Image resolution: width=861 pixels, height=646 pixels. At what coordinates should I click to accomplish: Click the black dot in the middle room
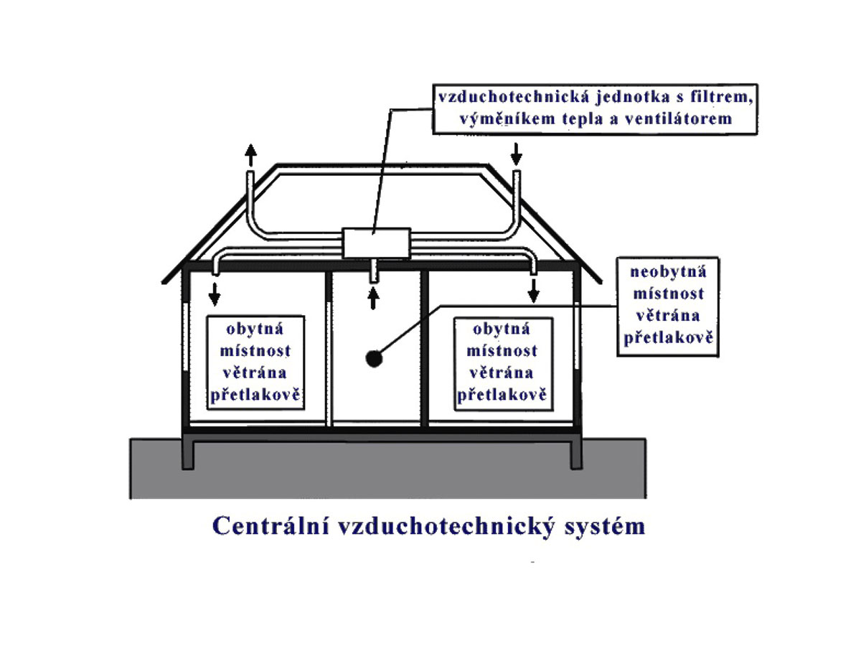tap(374, 358)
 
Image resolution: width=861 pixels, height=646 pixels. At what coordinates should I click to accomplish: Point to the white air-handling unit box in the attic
tap(375, 243)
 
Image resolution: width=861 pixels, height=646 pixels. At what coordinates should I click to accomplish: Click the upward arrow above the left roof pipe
tap(250, 154)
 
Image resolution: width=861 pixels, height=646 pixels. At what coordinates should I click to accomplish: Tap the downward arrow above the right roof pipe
tap(517, 153)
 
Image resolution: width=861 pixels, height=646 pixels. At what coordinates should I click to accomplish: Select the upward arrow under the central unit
tap(373, 298)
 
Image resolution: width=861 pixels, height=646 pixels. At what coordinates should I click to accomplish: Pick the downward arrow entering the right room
tap(533, 291)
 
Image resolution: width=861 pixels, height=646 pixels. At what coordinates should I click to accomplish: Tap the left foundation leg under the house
tap(188, 452)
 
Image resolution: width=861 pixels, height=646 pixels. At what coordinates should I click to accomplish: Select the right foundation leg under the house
tap(575, 452)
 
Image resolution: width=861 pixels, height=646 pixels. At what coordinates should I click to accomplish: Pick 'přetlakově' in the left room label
tap(255, 395)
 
